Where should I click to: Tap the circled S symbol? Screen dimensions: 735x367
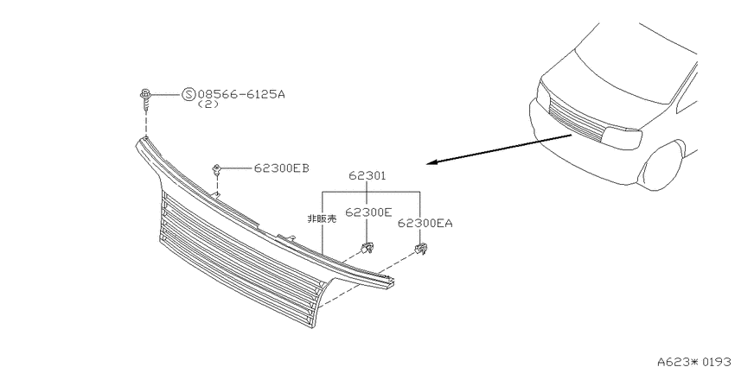coord(188,95)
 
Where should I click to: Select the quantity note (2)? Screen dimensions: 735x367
coord(208,104)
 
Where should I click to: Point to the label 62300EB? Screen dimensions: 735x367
coord(281,168)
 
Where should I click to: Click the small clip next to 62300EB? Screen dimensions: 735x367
coord(217,169)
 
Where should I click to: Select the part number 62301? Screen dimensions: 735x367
coord(367,176)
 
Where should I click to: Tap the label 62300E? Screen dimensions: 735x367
coord(368,212)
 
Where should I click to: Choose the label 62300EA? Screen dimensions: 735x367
coord(425,224)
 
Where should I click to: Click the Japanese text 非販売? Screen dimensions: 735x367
coord(322,218)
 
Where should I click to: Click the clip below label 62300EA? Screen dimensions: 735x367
coord(421,249)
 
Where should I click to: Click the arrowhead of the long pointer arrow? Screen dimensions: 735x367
coord(431,162)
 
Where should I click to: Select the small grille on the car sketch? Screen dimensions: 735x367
coord(576,120)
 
